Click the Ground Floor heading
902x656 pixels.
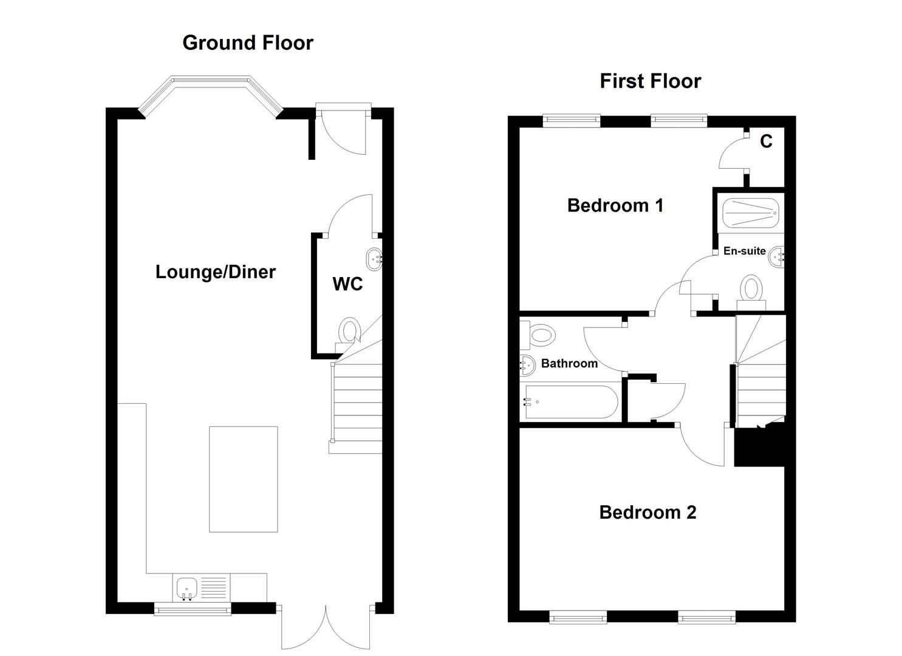click(248, 43)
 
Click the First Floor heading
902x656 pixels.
click(650, 81)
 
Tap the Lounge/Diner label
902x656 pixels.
click(216, 272)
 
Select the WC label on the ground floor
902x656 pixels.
click(347, 284)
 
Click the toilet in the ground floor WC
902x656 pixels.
click(349, 333)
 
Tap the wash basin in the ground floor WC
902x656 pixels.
click(373, 260)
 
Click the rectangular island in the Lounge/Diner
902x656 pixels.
click(243, 479)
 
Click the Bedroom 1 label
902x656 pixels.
click(615, 205)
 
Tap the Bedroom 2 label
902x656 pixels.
click(647, 512)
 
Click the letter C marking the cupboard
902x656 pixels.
click(766, 142)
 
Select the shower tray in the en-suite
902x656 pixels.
click(749, 213)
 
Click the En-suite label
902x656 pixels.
click(744, 251)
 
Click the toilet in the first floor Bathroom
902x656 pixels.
click(540, 334)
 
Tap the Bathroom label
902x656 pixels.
click(569, 363)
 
